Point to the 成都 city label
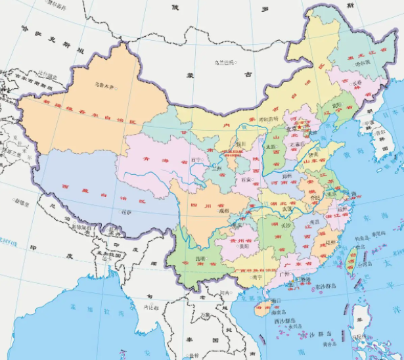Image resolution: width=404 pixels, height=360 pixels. tap(224, 211)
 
